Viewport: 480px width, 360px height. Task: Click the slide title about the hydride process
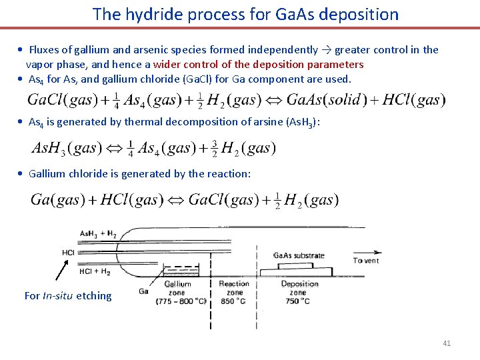point(245,14)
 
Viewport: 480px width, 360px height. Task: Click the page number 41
point(447,343)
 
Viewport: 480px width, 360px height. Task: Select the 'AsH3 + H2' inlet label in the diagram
point(97,234)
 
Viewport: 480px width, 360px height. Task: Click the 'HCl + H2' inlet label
point(94,271)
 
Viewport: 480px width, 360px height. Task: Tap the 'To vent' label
point(366,261)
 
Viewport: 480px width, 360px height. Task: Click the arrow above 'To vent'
point(365,252)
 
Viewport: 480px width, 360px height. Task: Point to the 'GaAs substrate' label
point(299,255)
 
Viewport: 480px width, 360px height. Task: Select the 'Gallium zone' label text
point(178,288)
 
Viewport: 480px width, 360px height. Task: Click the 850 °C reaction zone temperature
point(234,301)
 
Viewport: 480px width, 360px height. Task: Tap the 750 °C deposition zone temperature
point(298,301)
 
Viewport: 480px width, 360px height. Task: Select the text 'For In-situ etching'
point(68,296)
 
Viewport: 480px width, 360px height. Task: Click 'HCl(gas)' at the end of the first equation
point(413,100)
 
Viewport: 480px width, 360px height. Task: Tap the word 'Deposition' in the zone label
point(299,284)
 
